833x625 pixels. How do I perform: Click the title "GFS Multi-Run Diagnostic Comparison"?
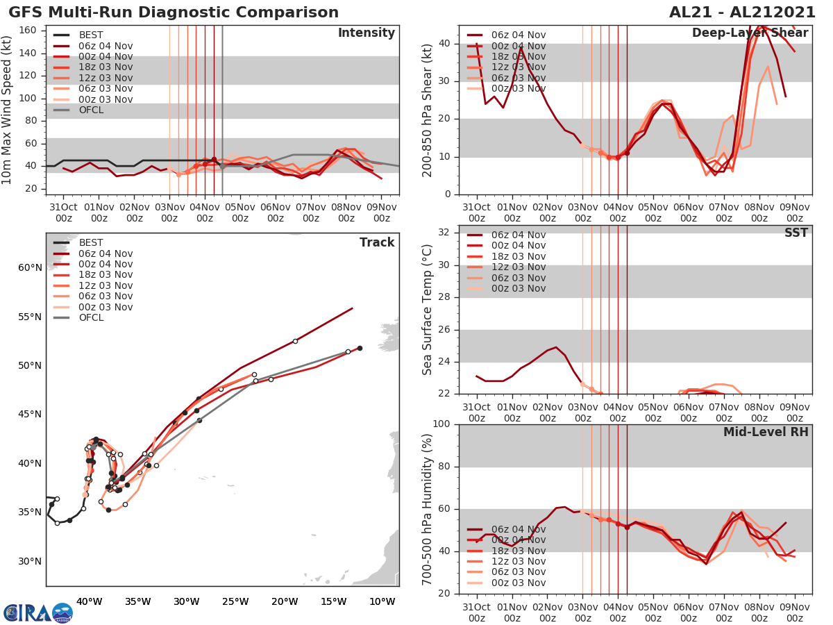pyautogui.click(x=174, y=12)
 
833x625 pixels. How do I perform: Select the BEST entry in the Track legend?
pyautogui.click(x=90, y=242)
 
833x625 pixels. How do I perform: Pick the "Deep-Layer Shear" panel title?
pyautogui.click(x=750, y=33)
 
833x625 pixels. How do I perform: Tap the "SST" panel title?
pyautogui.click(x=796, y=233)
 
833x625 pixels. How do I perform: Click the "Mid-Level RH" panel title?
pyautogui.click(x=766, y=432)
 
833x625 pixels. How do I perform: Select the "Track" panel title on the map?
pyautogui.click(x=376, y=242)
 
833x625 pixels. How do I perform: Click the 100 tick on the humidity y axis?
pyautogui.click(x=442, y=424)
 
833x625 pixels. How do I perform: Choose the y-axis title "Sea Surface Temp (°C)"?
pyautogui.click(x=428, y=309)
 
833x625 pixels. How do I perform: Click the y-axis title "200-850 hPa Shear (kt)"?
pyautogui.click(x=428, y=110)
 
